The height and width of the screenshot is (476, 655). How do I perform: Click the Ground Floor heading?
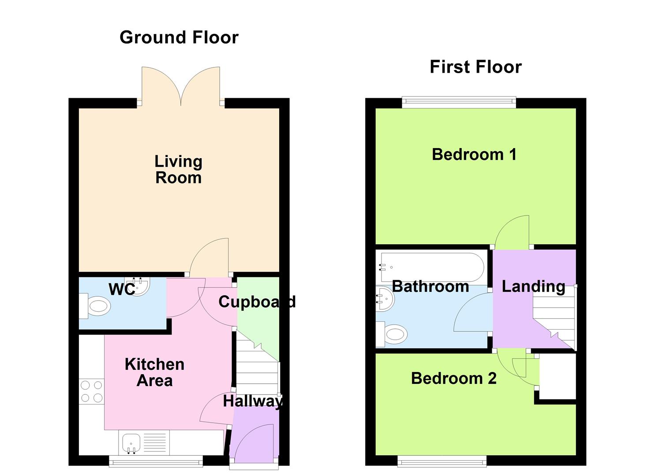pyautogui.click(x=179, y=37)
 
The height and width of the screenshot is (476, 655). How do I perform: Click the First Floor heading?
pyautogui.click(x=475, y=67)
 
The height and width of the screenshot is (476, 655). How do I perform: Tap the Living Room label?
pyautogui.click(x=178, y=169)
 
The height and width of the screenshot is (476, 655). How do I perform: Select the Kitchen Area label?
pyautogui.click(x=154, y=372)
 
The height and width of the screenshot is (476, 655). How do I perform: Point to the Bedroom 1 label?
pyautogui.click(x=474, y=155)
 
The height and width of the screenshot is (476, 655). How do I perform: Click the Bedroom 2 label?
pyautogui.click(x=453, y=378)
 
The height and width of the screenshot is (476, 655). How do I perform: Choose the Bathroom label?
pyautogui.click(x=430, y=286)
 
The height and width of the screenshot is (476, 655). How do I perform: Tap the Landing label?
pyautogui.click(x=533, y=286)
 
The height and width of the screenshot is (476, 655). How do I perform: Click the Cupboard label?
pyautogui.click(x=257, y=302)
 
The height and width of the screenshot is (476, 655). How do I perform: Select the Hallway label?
pyautogui.click(x=253, y=401)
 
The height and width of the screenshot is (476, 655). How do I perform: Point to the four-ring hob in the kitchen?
pyautogui.click(x=91, y=392)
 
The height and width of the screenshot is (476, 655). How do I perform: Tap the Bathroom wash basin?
pyautogui.click(x=385, y=299)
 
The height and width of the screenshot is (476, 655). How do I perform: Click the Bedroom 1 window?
pyautogui.click(x=459, y=103)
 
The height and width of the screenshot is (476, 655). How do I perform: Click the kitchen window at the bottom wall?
pyautogui.click(x=156, y=462)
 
